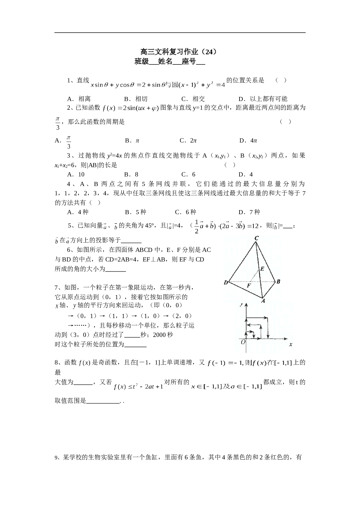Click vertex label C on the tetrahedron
256,238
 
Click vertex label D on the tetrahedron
226,282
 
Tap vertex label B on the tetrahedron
278,281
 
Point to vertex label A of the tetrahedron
263,301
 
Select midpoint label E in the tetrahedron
262,269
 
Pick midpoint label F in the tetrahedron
249,286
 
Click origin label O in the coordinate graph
243,342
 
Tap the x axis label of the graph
291,344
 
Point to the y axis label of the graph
241,304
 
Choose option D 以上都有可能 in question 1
263,99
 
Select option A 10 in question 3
76,174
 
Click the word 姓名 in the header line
165,62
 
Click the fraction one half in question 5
197,227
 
